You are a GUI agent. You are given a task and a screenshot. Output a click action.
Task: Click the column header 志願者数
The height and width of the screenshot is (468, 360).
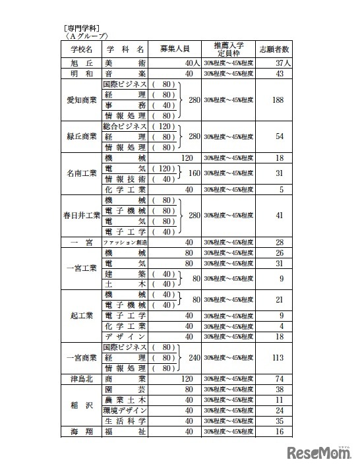(x=280, y=49)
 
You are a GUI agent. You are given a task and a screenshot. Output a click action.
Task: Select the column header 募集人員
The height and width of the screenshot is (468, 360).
(x=175, y=49)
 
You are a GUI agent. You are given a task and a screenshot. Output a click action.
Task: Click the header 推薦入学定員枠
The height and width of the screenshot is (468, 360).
(x=228, y=49)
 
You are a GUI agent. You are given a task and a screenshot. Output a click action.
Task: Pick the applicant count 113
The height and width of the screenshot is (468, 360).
(x=280, y=359)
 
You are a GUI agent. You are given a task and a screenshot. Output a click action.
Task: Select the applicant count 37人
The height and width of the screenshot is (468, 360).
(x=280, y=63)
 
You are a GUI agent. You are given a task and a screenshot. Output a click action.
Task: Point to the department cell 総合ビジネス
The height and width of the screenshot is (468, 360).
(x=125, y=126)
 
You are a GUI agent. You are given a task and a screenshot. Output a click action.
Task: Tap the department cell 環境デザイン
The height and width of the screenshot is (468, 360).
(x=125, y=410)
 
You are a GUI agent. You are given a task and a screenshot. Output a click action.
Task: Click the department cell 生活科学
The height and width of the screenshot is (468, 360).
(x=125, y=421)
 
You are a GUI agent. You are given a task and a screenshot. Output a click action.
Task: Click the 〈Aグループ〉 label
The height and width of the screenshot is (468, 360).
(x=83, y=37)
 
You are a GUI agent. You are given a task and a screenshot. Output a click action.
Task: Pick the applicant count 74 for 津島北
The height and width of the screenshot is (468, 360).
(x=280, y=379)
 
